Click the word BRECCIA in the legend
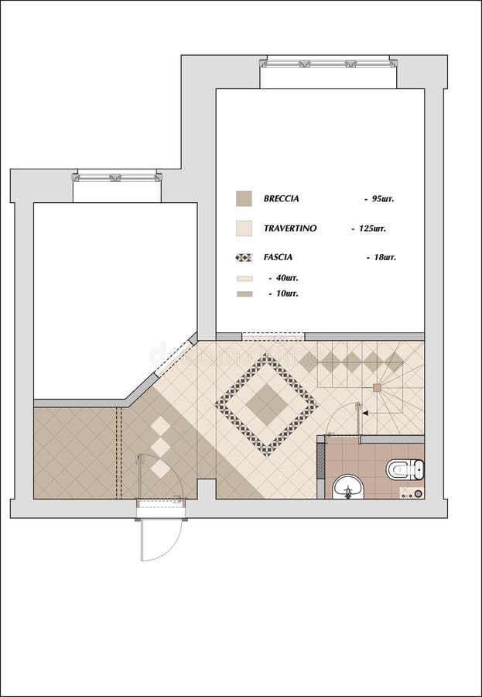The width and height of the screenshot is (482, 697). (x=282, y=199)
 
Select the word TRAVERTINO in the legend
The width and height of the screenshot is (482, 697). (x=289, y=228)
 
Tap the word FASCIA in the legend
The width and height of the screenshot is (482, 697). (x=278, y=257)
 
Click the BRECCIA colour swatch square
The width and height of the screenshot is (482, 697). (x=244, y=199)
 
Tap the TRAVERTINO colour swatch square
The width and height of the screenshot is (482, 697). (x=244, y=228)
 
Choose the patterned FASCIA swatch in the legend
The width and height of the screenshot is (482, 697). (x=244, y=257)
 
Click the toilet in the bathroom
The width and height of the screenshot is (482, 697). (x=405, y=469)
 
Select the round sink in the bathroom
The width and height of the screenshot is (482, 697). (x=348, y=488)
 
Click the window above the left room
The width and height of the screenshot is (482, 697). (x=118, y=177)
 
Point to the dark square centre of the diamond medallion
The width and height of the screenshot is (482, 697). (x=267, y=404)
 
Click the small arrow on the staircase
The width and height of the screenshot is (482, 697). (x=366, y=414)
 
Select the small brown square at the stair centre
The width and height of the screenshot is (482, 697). (x=377, y=387)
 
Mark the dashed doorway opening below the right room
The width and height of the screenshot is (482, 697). (x=273, y=337)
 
